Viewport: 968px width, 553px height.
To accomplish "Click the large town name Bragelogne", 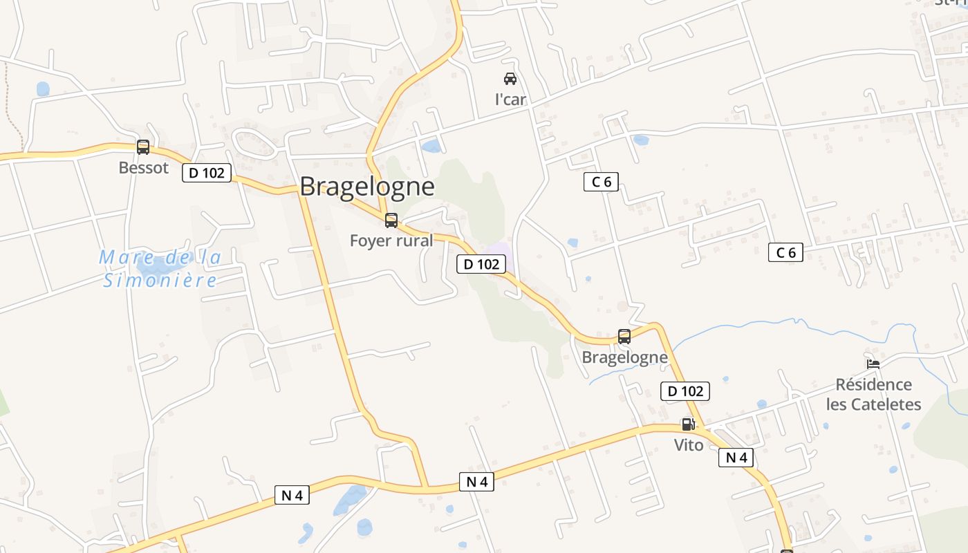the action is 367,187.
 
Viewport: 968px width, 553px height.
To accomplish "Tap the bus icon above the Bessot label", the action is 143,147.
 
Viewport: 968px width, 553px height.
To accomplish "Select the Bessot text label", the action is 143,168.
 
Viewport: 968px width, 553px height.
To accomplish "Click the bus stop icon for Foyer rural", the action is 391,221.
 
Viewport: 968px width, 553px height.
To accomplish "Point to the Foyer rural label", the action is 391,241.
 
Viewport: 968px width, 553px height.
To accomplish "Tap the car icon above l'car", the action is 510,79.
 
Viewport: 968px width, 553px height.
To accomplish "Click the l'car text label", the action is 510,100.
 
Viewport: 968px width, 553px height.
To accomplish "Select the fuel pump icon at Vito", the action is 688,424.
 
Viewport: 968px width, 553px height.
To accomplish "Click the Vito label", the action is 689,445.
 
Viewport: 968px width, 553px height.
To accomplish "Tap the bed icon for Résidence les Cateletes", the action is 873,364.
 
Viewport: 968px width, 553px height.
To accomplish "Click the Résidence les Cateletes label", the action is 873,394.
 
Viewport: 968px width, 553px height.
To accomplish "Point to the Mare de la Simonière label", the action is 160,268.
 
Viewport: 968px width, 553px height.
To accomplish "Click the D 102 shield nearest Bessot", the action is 207,173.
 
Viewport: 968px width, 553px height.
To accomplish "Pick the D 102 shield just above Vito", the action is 685,391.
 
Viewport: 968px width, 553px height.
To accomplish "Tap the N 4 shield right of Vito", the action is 736,458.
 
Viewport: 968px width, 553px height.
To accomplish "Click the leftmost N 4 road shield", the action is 292,495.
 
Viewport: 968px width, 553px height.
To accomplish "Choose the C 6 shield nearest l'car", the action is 601,182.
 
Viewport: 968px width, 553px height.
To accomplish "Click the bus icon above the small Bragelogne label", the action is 624,337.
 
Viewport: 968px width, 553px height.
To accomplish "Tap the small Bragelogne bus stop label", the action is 624,357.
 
